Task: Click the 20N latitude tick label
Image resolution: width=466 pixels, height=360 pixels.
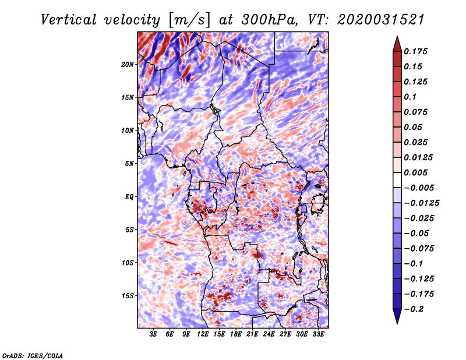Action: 128,64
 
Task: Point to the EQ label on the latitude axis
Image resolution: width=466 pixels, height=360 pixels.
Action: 129,196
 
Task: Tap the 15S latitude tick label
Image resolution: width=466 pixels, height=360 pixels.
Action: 128,296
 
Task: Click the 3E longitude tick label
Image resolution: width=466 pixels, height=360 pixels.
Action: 153,334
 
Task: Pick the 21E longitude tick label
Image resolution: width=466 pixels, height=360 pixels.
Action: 252,334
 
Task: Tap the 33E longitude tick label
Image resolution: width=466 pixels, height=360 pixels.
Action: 318,334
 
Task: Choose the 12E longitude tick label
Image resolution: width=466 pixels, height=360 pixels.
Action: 203,334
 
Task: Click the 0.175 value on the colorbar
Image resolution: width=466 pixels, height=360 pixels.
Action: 416,51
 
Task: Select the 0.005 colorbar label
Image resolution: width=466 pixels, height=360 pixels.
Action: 416,172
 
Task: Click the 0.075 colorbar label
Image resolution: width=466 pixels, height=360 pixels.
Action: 416,112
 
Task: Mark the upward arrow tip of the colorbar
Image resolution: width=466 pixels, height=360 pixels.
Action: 397,38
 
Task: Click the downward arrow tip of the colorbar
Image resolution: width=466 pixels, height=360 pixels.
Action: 397,322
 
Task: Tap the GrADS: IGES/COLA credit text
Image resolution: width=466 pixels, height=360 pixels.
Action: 32,355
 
